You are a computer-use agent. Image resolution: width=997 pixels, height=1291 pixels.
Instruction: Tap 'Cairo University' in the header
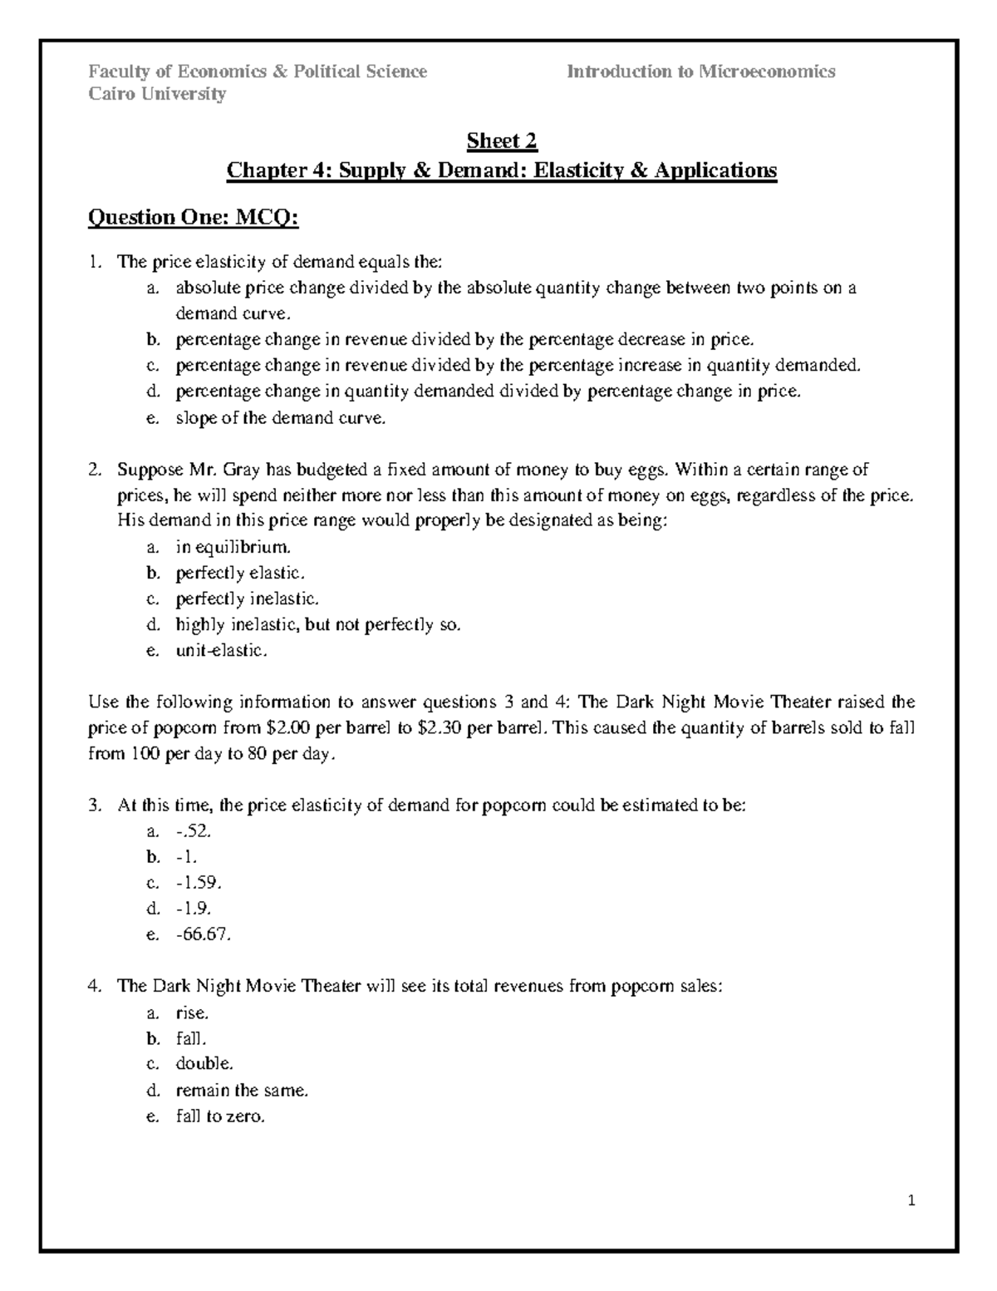tap(157, 94)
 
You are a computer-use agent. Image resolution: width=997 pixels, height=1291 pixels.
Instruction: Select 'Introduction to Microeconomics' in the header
tap(700, 71)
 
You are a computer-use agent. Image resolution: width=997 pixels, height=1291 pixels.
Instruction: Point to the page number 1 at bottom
tap(911, 1200)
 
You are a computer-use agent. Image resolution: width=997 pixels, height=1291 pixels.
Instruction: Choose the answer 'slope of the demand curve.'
tap(281, 418)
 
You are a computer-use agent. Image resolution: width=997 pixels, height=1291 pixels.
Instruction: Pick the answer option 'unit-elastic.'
tap(222, 650)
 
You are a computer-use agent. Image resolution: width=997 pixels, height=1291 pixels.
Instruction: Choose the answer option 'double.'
tap(204, 1063)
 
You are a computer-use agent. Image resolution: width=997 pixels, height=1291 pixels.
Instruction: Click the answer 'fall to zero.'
tap(220, 1116)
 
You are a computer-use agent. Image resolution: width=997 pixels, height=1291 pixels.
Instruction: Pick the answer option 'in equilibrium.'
tap(233, 547)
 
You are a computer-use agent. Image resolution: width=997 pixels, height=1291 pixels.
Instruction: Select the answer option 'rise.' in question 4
tap(192, 1013)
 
